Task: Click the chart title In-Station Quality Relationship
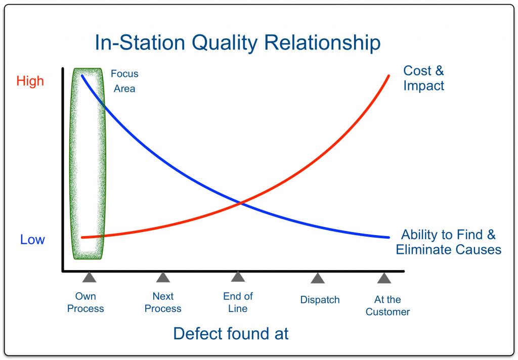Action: pos(237,43)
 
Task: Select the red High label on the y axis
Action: pos(30,81)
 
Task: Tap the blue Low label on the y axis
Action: pos(32,240)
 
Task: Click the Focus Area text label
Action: pos(124,81)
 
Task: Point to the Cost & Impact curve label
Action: pos(423,78)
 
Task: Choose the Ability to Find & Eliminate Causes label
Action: pos(448,242)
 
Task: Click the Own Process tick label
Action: pos(85,302)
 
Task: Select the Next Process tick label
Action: pos(163,302)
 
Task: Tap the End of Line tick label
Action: pos(238,302)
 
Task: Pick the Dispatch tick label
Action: pos(320,300)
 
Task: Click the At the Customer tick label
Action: pos(387,306)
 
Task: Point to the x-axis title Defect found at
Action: pos(231,333)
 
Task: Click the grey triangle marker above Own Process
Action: pos(89,277)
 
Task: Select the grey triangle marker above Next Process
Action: pos(163,277)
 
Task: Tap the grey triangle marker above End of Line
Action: pos(238,277)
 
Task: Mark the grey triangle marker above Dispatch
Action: pos(318,278)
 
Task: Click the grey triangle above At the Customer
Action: pos(384,278)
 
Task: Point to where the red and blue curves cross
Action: pos(240,203)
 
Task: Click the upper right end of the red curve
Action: pos(388,76)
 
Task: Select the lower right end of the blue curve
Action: pos(388,237)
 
